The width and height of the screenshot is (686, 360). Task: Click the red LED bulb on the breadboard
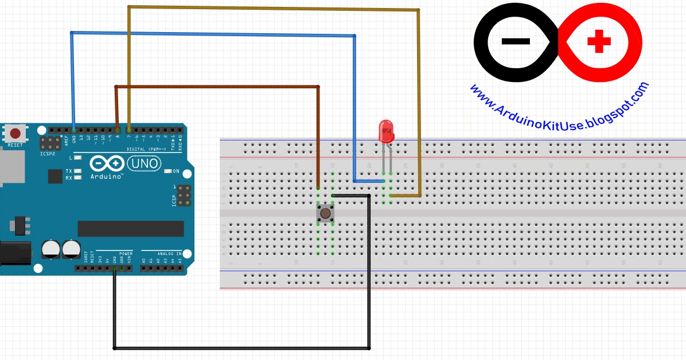click(385, 131)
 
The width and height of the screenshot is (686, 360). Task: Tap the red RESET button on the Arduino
click(15, 134)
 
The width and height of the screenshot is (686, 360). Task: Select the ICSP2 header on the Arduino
click(50, 143)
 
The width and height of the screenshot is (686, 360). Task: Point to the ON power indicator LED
click(168, 171)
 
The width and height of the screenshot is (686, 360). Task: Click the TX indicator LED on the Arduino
click(77, 171)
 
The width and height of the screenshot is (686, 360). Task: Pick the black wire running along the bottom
click(241, 347)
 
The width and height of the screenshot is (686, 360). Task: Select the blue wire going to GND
click(212, 34)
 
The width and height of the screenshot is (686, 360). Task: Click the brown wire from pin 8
click(218, 87)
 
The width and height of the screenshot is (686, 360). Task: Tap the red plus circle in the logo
click(599, 41)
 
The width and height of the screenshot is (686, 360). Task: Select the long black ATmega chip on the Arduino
click(131, 228)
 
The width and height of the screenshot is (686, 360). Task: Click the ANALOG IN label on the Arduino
click(169, 253)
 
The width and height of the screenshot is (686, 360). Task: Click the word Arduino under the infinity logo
click(107, 176)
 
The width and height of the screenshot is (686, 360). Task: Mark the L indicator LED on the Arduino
click(77, 157)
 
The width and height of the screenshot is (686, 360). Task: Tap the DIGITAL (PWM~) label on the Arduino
click(146, 148)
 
